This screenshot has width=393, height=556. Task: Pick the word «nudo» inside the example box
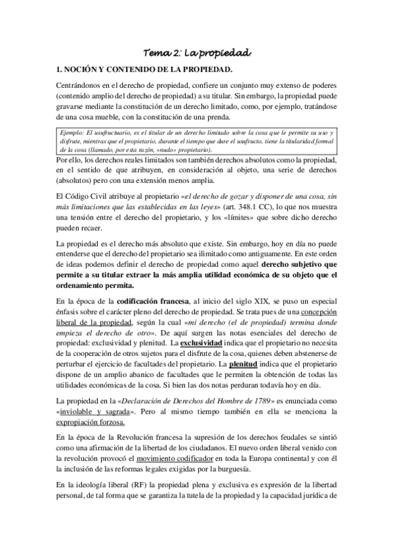click(x=161, y=149)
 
